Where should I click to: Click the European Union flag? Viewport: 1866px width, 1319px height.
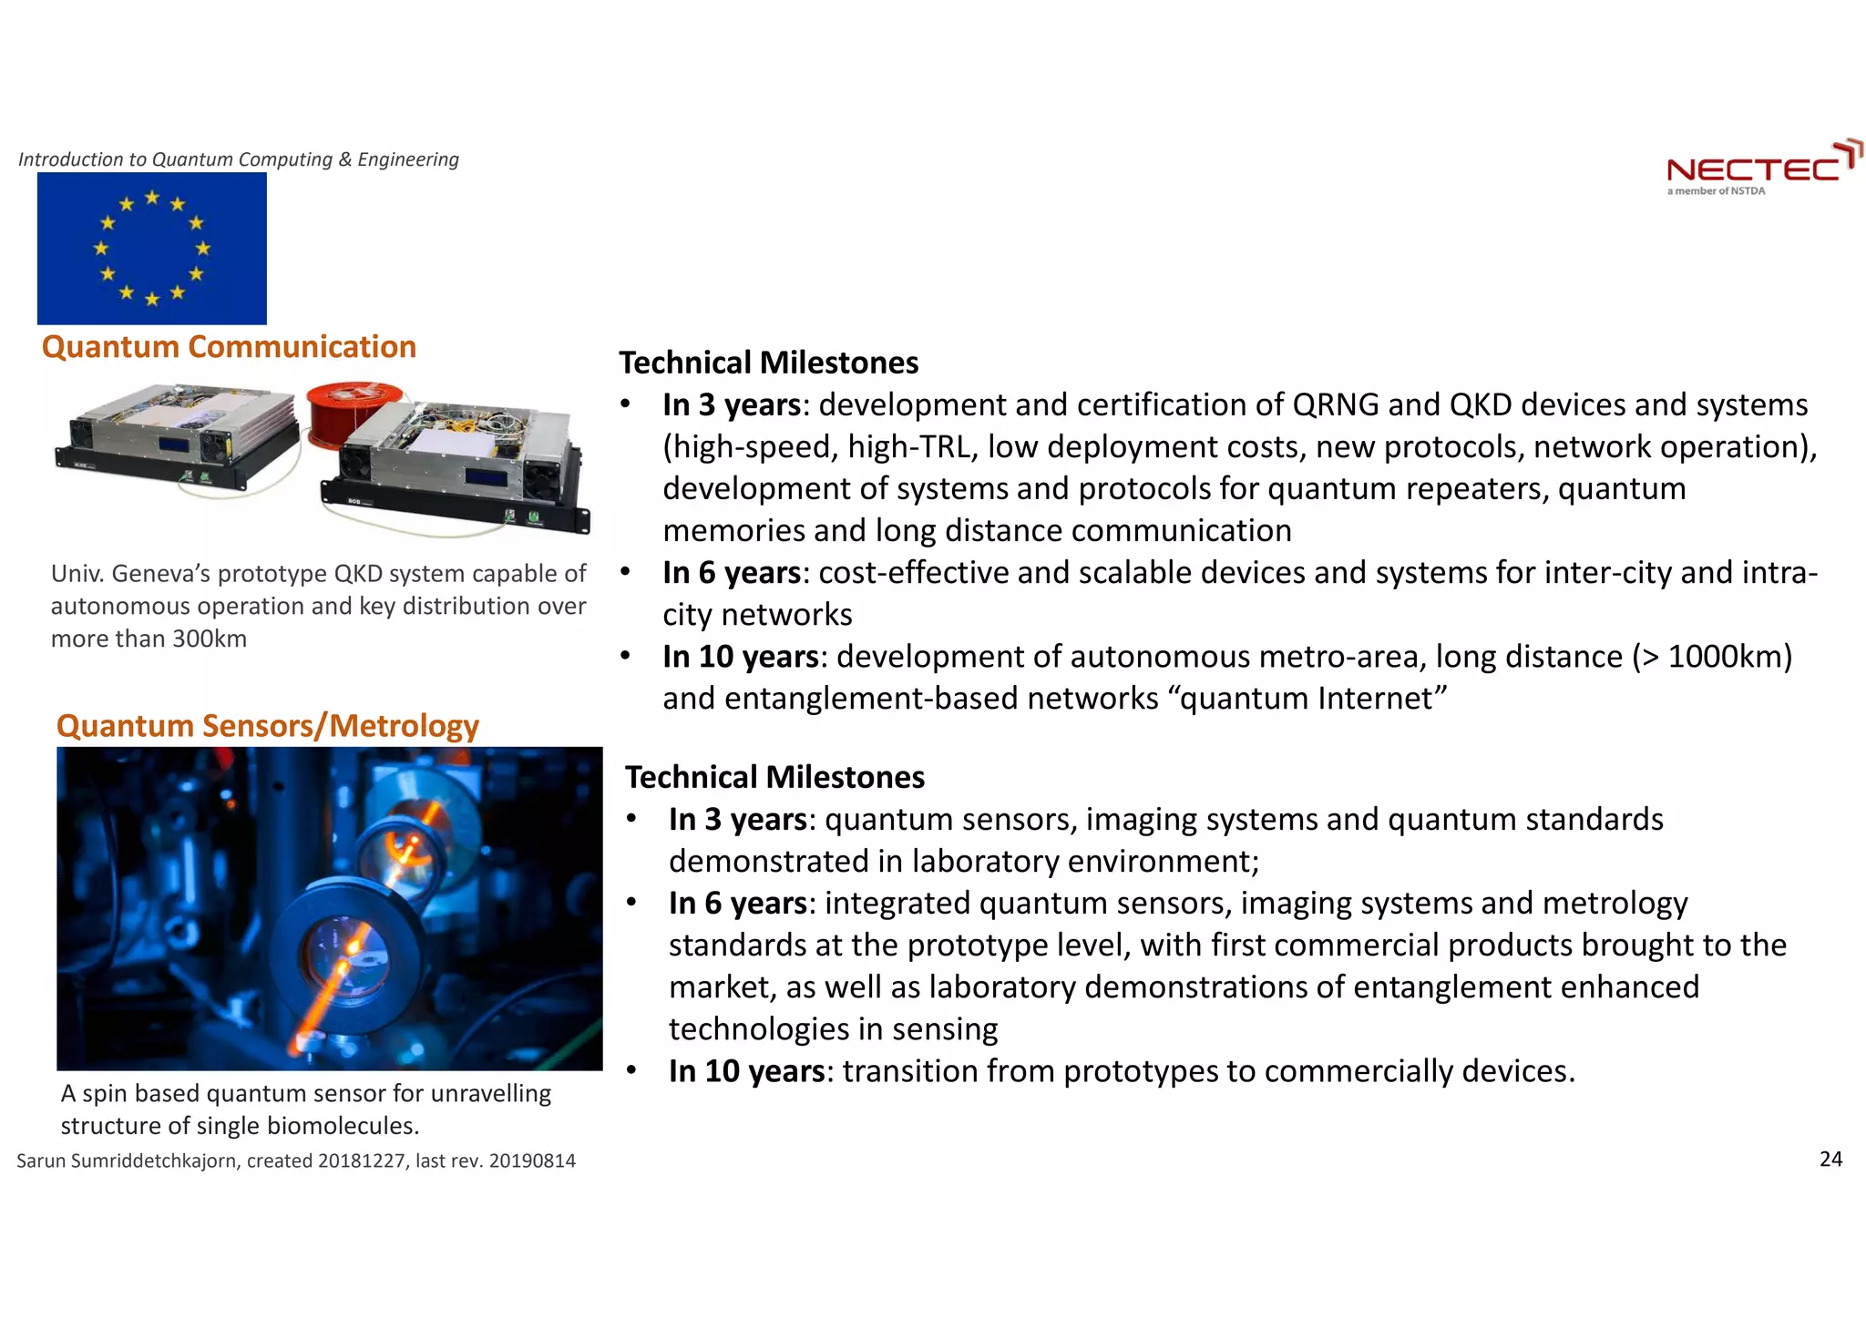(x=152, y=248)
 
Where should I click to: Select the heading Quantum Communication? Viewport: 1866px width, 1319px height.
(x=229, y=347)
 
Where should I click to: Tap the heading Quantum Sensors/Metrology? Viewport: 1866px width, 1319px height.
(x=267, y=726)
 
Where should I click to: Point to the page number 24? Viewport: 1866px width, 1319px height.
(x=1830, y=1159)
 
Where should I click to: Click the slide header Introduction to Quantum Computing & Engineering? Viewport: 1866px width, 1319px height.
(x=239, y=159)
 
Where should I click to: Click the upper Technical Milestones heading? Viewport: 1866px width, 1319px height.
(x=769, y=363)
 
